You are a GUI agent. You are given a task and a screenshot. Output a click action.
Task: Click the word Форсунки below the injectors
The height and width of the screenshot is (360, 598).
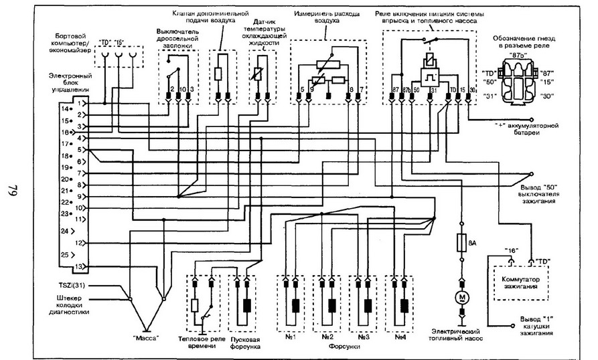(347, 349)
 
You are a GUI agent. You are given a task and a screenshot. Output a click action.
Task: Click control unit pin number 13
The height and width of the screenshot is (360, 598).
(80, 267)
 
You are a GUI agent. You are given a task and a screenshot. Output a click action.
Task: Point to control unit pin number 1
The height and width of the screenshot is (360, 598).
(80, 104)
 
